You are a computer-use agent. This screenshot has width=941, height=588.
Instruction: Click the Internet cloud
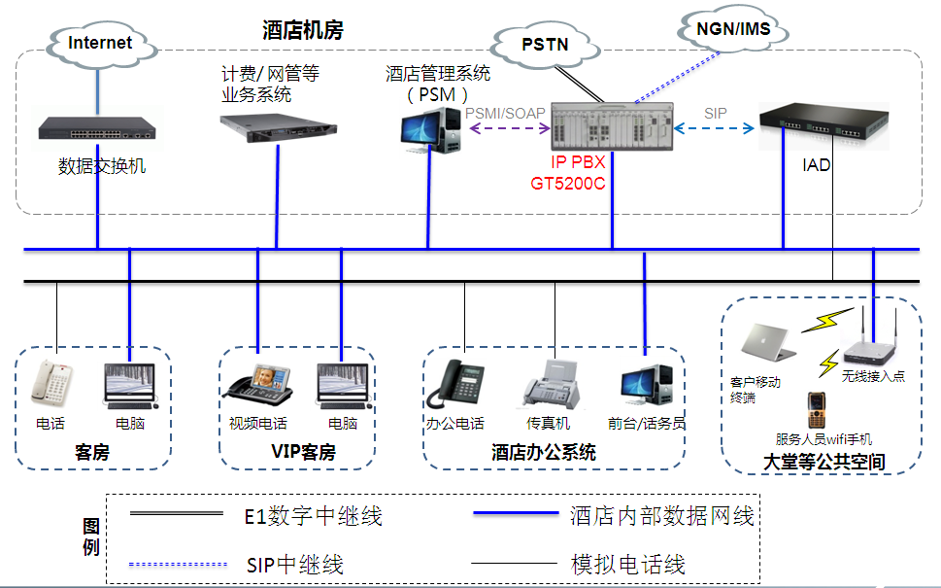tap(100, 42)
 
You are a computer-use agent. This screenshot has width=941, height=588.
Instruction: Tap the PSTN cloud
tap(545, 45)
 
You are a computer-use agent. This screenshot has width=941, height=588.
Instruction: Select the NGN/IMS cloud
tap(733, 29)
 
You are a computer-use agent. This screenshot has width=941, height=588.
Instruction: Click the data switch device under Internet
tap(97, 127)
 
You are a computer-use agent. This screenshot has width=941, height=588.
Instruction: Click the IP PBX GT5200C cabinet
tap(612, 126)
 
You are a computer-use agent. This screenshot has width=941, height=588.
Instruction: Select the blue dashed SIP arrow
tap(716, 127)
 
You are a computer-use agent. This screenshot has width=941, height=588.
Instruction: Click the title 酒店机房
tap(302, 30)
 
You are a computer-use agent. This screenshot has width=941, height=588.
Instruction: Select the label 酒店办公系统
tap(544, 453)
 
